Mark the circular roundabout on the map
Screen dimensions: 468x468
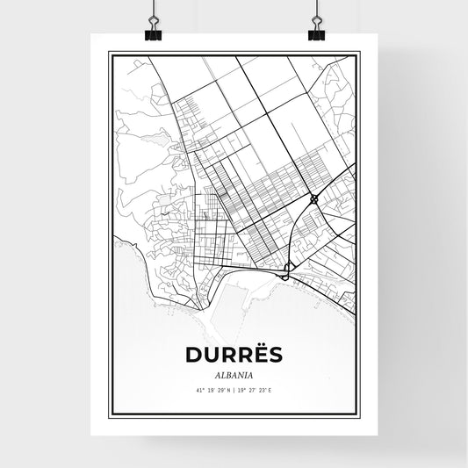pos(313,199)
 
